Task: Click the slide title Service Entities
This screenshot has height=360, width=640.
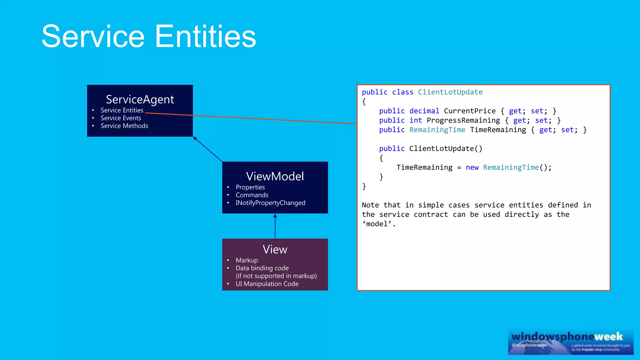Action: [x=149, y=37]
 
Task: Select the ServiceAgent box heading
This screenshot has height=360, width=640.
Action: [x=140, y=99]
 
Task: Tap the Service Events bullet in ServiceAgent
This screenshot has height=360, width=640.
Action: [x=121, y=118]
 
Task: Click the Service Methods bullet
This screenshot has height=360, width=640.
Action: [x=124, y=126]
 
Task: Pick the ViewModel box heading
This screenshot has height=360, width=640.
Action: [x=275, y=177]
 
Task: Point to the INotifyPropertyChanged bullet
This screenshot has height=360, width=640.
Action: [x=270, y=203]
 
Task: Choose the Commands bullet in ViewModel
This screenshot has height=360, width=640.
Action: [x=252, y=195]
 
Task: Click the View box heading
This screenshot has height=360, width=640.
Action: [x=275, y=249]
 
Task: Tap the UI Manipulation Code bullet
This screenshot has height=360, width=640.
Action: [x=267, y=284]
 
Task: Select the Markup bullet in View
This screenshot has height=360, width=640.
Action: [x=247, y=260]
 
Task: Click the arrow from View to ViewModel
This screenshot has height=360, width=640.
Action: [x=275, y=226]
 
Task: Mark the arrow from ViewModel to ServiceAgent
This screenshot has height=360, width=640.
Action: [x=208, y=149]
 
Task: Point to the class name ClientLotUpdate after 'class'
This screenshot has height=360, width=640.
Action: [x=450, y=92]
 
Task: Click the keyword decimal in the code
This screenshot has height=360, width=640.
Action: [x=424, y=111]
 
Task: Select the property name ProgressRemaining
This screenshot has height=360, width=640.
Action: [x=463, y=120]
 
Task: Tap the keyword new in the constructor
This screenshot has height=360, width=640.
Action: [x=472, y=167]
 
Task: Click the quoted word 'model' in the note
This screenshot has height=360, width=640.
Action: [x=378, y=224]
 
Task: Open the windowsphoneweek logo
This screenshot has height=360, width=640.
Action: [x=571, y=342]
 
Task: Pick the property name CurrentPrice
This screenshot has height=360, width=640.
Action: [x=470, y=111]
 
